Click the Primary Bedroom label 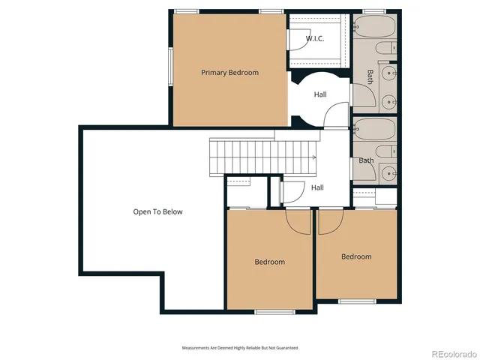click(229, 73)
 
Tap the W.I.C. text click(315, 38)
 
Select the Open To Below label click(157, 211)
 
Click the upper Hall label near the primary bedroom click(320, 94)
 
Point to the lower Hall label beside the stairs click(317, 187)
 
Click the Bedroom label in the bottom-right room click(356, 256)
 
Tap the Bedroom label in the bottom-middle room click(269, 262)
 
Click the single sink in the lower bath click(388, 172)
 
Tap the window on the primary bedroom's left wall click(170, 67)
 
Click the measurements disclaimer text click(240, 348)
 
